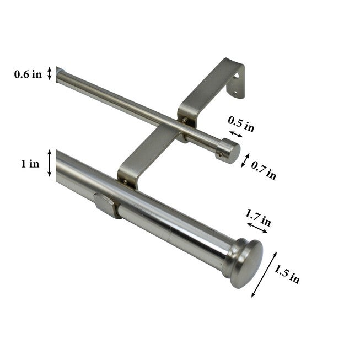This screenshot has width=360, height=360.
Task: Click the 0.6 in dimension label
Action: click(28, 74)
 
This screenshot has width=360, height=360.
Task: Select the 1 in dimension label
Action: click(31, 164)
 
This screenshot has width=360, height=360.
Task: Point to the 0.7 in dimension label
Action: click(264, 170)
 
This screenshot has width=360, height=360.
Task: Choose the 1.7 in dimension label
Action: click(259, 216)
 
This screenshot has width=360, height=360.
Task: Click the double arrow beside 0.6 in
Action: click(50, 74)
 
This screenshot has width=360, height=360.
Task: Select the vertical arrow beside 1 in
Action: click(50, 163)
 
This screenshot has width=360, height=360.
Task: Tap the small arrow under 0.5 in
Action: click(235, 135)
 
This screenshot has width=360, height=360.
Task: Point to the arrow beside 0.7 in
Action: click(245, 159)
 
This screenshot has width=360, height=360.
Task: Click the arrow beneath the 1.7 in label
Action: click(257, 228)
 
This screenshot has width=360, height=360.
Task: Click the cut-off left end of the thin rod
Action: click(58, 75)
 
